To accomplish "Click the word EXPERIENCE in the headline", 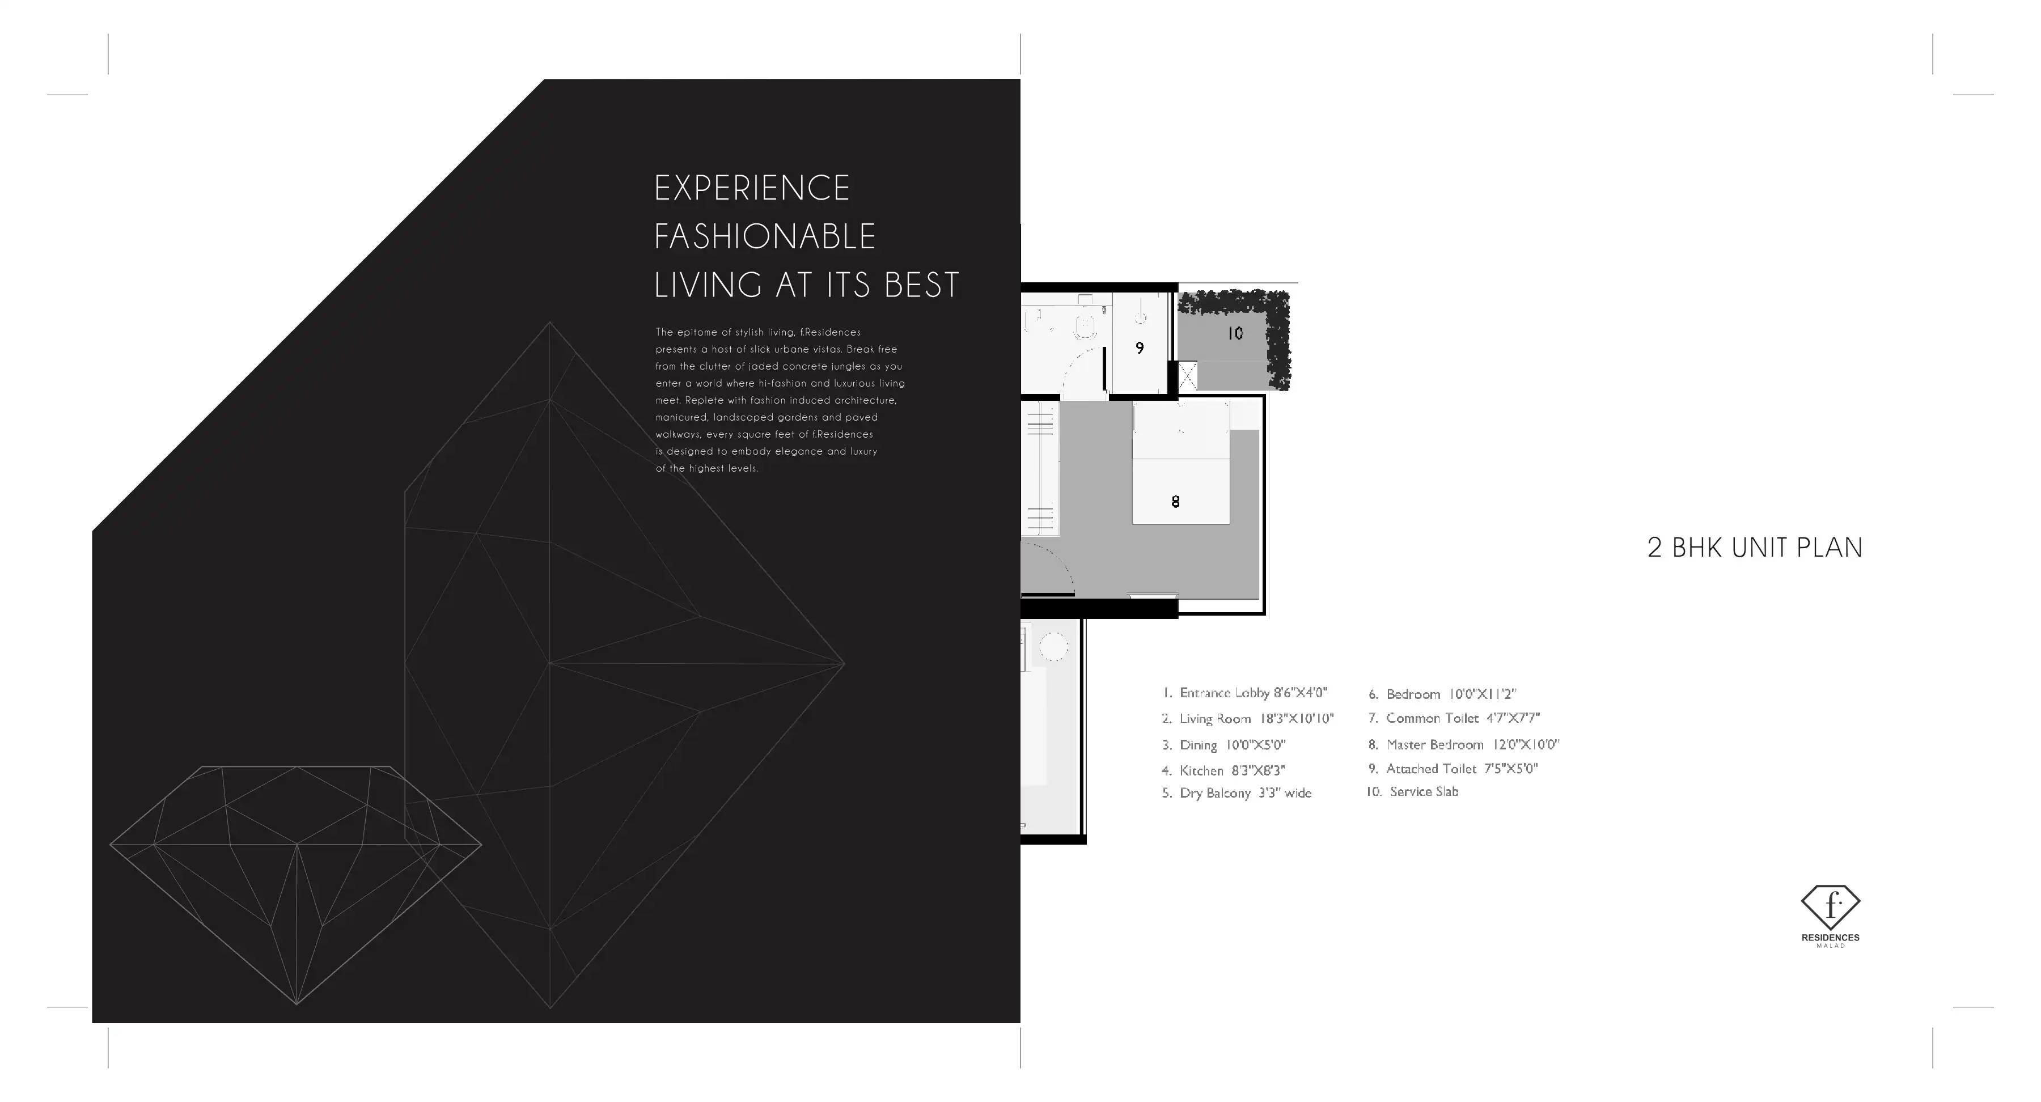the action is tap(752, 188).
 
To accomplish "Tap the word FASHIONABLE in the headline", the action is tap(765, 236).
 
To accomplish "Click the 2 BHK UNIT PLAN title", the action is tap(1754, 548).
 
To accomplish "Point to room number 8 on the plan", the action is tap(1175, 502).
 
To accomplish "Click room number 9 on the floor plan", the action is tap(1140, 348).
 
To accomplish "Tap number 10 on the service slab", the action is tap(1235, 333).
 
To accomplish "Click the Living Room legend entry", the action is tap(1248, 719).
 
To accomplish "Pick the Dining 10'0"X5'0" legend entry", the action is tap(1223, 745).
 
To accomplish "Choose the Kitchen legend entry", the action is tap(1223, 770).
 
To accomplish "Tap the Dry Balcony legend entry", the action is tap(1237, 793).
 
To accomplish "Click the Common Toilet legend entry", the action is tap(1454, 718).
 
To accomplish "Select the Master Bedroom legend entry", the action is tap(1463, 745).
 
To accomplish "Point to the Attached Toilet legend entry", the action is tap(1453, 769).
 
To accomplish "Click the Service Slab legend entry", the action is tap(1412, 791).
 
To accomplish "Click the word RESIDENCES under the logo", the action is tap(1830, 938).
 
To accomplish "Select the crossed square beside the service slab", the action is tap(1188, 376).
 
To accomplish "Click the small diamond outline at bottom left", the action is tap(295, 885).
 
